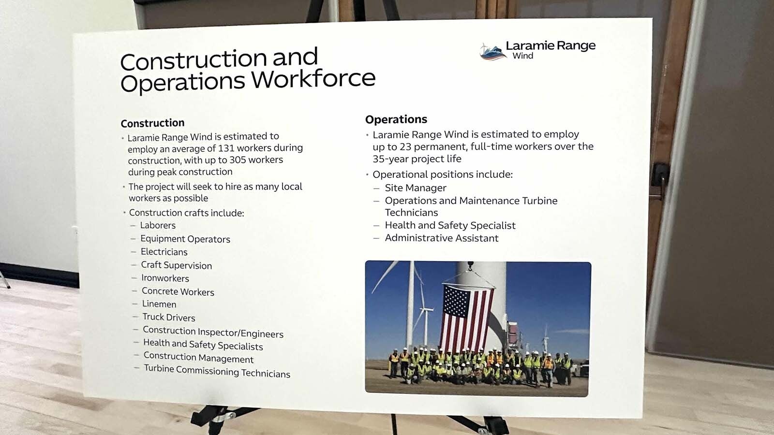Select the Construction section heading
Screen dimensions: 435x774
pos(152,123)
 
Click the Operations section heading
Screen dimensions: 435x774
pos(396,119)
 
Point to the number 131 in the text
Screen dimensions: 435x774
pos(227,148)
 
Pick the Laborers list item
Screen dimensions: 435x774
pos(158,225)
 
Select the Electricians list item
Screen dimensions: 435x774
pos(164,252)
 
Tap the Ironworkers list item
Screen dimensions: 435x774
pos(165,278)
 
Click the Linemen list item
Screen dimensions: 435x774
pos(159,304)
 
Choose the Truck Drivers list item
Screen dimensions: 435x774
pos(169,317)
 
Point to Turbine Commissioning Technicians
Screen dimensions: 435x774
pos(217,371)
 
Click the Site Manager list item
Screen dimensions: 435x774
pos(416,188)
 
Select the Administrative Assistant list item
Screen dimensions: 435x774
pos(441,238)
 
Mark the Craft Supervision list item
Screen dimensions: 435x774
pos(176,265)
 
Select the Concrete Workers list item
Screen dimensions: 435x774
pos(178,291)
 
